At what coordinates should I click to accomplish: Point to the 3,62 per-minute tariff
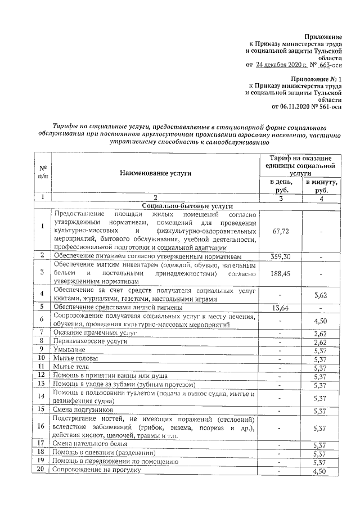click(320, 294)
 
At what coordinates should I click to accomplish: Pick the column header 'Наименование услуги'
click(155, 173)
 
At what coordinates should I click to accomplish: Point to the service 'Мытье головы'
click(75, 358)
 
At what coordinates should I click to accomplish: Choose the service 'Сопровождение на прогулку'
click(96, 470)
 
